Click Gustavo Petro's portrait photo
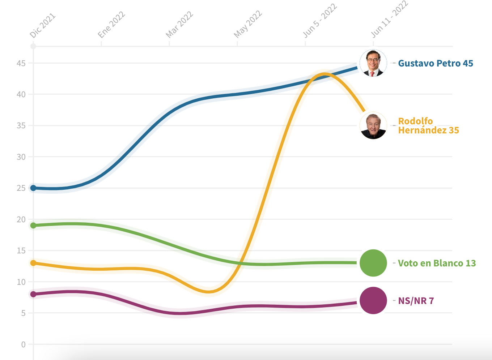[373, 63]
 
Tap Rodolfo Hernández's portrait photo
[373, 125]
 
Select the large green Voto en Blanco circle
[373, 263]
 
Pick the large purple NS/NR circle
[373, 300]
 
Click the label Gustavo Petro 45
[436, 63]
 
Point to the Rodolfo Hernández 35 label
[428, 126]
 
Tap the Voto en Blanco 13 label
[437, 263]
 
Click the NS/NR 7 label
[416, 301]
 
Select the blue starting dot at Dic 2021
[33, 188]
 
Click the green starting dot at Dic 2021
[33, 226]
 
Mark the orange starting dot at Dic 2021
[33, 263]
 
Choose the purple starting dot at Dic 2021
[33, 294]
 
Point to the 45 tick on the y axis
[21, 63]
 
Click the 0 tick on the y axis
[24, 344]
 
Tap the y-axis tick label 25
[21, 188]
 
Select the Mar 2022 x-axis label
[179, 25]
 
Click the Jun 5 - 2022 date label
[320, 21]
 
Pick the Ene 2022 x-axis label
[111, 25]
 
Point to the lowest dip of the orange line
[209, 291]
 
